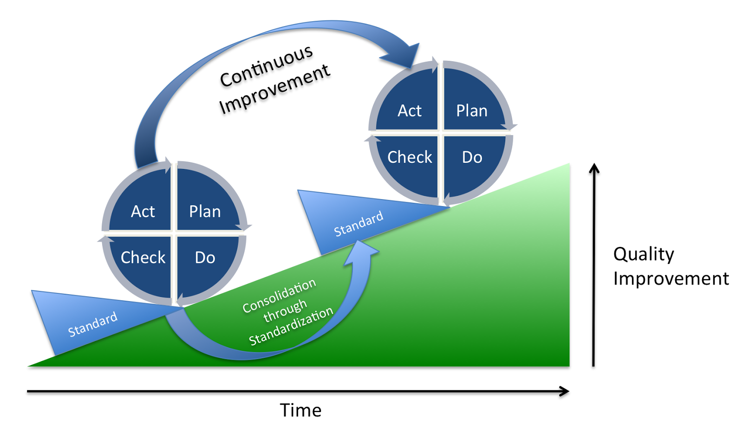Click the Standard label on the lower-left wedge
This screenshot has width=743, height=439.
(x=92, y=324)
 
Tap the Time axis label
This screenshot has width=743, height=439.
(x=300, y=410)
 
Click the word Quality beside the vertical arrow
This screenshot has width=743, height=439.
(x=644, y=254)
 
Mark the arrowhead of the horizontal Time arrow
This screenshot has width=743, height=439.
(x=564, y=391)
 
